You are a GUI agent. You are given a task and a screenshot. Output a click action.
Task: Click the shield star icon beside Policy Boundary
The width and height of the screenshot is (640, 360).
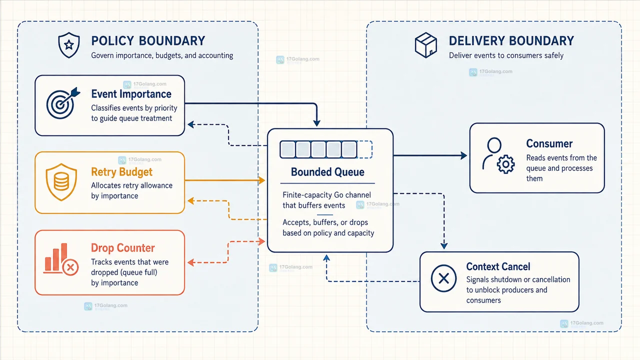(x=69, y=45)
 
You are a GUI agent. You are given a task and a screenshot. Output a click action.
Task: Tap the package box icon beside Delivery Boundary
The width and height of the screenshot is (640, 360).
(x=425, y=45)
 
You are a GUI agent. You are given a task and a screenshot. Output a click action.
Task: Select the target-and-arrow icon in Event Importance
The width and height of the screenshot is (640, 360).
(x=63, y=103)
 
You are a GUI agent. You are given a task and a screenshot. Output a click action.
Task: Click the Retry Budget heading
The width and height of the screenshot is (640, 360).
(x=121, y=172)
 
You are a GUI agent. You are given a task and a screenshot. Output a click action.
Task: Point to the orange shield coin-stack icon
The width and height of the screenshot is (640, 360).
(x=61, y=182)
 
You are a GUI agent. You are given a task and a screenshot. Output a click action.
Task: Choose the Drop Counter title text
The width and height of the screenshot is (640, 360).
(x=123, y=247)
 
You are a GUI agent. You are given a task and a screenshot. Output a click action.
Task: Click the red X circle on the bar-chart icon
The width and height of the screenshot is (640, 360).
(x=70, y=267)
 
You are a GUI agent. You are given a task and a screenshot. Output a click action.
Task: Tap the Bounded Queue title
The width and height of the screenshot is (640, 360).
(x=327, y=172)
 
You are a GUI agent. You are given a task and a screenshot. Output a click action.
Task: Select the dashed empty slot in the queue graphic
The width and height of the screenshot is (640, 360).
(x=364, y=149)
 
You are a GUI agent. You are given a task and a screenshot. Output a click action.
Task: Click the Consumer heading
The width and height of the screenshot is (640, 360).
(x=549, y=143)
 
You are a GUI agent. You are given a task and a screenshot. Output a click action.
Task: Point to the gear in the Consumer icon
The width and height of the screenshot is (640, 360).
(x=505, y=164)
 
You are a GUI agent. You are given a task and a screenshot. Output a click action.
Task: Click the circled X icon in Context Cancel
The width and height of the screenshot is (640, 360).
(x=443, y=278)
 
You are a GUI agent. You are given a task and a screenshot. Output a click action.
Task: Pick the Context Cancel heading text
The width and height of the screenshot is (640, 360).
(x=498, y=266)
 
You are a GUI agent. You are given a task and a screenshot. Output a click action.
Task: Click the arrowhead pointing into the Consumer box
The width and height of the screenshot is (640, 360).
(x=464, y=155)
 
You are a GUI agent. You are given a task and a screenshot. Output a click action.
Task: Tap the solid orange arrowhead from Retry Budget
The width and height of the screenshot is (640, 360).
(x=262, y=180)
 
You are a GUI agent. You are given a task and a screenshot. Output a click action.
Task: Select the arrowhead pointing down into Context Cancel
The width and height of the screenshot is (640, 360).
(x=444, y=246)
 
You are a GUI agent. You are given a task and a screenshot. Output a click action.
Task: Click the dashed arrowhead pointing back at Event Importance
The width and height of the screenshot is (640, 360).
(x=191, y=124)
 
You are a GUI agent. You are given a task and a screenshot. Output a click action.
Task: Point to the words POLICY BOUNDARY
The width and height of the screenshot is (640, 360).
(x=148, y=41)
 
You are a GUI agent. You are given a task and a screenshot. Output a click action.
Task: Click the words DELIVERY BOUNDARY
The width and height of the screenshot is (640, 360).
(x=511, y=41)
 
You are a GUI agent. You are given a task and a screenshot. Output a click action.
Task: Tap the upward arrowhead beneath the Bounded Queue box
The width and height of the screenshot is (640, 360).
(x=326, y=258)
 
